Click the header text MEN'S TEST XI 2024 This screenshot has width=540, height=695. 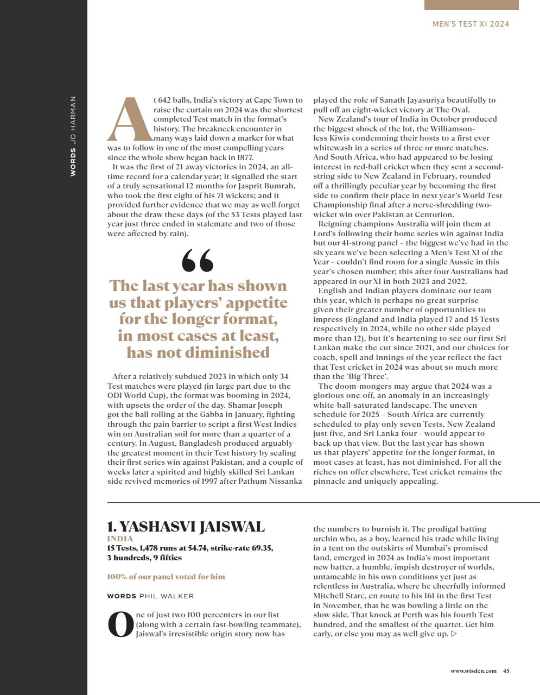(471, 24)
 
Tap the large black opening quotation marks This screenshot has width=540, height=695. (198, 261)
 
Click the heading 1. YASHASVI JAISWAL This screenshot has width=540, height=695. (186, 527)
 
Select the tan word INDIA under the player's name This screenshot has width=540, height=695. (120, 539)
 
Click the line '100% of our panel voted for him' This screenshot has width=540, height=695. (166, 577)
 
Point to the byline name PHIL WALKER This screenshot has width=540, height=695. (166, 596)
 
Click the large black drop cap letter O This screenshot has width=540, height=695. (120, 624)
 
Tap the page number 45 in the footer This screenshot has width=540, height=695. (506, 671)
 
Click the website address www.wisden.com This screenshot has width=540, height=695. (473, 671)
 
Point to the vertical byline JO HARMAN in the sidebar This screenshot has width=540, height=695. (73, 118)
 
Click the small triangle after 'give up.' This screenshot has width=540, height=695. (454, 634)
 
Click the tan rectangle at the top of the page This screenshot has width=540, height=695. (471, 5)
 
